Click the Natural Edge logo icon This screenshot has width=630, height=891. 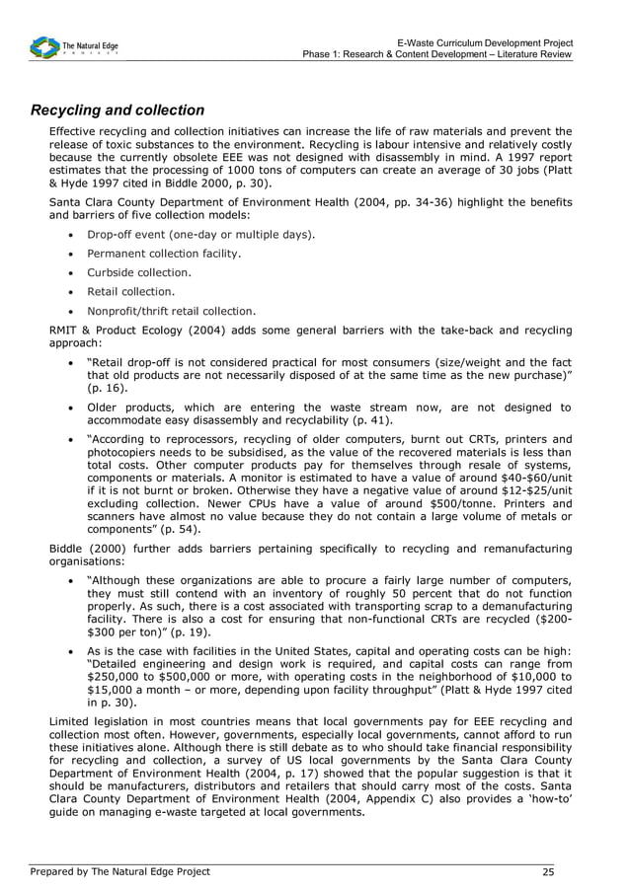tap(44, 46)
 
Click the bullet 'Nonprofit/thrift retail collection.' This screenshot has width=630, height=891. tap(172, 310)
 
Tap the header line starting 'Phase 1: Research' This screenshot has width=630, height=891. tap(437, 54)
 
